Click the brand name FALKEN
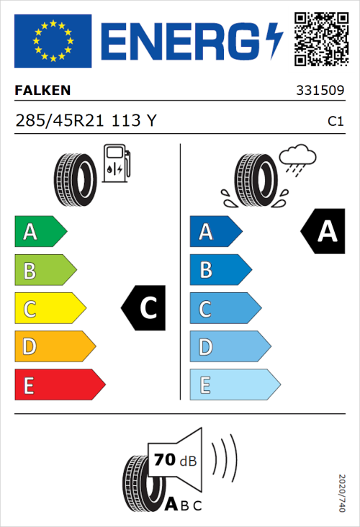[43, 91]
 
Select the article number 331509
[319, 91]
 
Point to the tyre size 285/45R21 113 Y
[85, 121]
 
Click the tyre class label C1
[335, 122]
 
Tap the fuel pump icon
[116, 163]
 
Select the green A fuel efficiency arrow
[40, 232]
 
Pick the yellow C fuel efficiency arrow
[49, 309]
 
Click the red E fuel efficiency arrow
[59, 385]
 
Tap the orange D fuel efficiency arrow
[54, 347]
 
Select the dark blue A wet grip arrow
[215, 232]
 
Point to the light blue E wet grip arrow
[234, 385]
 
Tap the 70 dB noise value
[174, 459]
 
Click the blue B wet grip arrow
[220, 271]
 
